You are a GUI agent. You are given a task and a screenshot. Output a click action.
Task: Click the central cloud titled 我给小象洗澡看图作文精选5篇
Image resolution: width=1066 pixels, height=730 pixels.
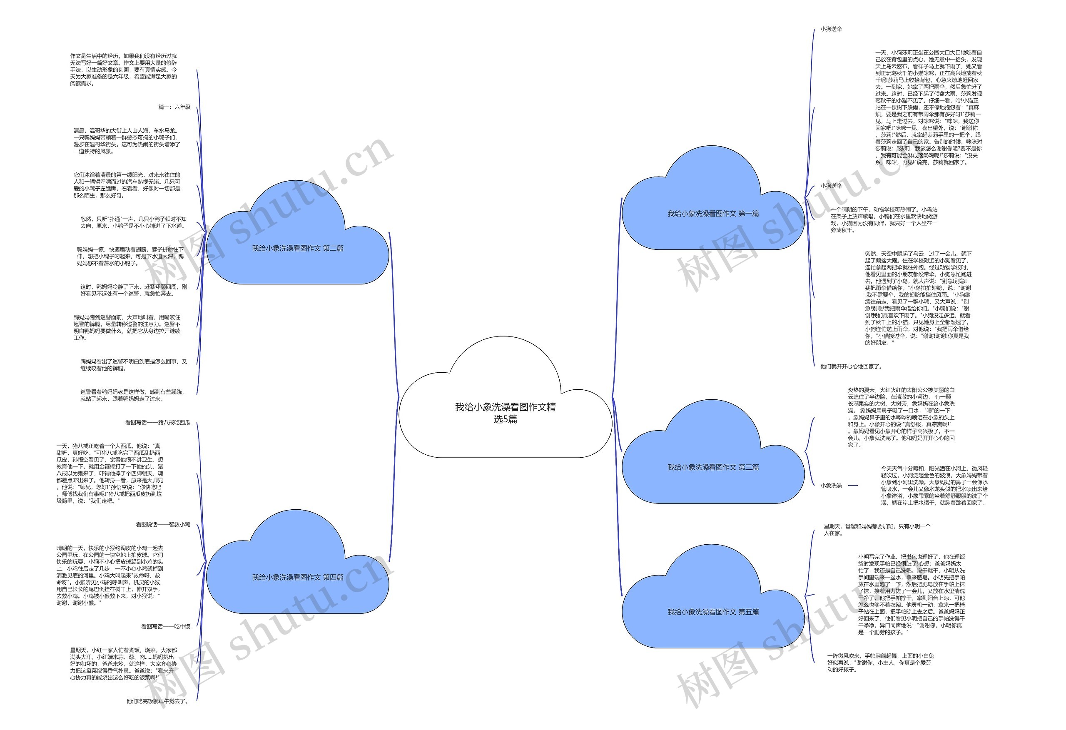[505, 413]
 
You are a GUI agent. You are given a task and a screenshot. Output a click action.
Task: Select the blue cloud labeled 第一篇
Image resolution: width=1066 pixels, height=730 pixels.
[713, 214]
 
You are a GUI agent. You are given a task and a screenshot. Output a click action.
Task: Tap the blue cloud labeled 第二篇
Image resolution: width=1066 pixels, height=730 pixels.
[297, 248]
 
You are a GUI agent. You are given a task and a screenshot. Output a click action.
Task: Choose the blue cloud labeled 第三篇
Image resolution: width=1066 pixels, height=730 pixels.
[713, 467]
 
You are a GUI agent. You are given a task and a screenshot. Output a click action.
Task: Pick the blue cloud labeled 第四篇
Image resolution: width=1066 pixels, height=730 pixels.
[297, 577]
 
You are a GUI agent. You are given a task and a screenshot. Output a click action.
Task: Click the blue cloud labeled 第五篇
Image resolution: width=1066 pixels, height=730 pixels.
[713, 612]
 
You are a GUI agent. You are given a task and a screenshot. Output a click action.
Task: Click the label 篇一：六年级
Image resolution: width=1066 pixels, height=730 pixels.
[174, 107]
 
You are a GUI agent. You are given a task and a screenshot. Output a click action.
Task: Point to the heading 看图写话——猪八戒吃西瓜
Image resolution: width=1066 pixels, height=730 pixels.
[158, 423]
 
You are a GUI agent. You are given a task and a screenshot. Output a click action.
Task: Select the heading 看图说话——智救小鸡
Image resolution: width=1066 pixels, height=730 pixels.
[163, 524]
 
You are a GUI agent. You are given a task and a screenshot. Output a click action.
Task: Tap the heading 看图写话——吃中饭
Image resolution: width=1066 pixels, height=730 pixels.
[166, 626]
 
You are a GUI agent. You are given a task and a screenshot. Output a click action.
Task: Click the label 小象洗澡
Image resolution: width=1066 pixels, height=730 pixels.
[831, 486]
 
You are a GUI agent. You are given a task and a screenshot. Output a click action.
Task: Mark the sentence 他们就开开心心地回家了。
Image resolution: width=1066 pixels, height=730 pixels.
[851, 366]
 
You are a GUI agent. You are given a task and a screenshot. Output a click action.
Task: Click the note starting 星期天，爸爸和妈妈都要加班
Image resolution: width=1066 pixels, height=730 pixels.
[877, 530]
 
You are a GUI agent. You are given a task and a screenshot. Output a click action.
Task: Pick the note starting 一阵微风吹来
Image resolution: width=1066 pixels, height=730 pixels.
[880, 663]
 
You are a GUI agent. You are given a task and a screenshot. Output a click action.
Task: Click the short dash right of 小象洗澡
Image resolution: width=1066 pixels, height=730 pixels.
[853, 486]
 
